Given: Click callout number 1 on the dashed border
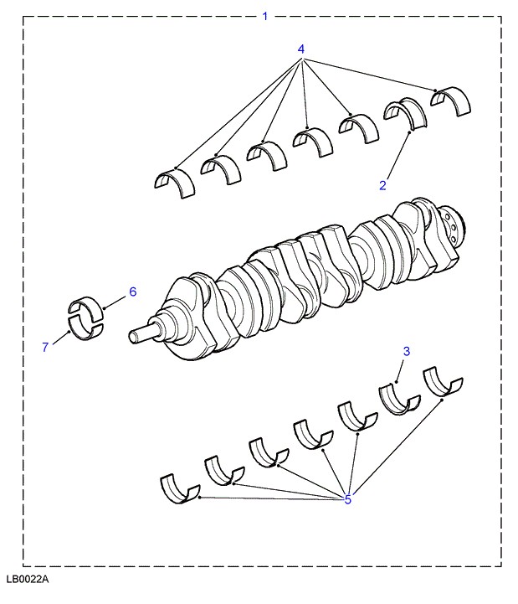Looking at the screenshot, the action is pos(264,17).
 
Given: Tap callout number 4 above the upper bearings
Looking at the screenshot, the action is pos(301,49).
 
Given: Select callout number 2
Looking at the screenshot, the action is pos(382,185).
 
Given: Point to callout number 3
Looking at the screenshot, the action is pos(407,351).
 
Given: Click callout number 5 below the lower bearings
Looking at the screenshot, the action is pos(348,499).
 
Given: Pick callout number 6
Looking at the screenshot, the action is pos(133,292).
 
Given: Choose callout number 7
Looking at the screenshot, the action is pos(45,347).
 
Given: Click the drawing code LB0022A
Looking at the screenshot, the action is pos(28,579).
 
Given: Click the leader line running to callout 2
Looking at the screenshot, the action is pos(397,155).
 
